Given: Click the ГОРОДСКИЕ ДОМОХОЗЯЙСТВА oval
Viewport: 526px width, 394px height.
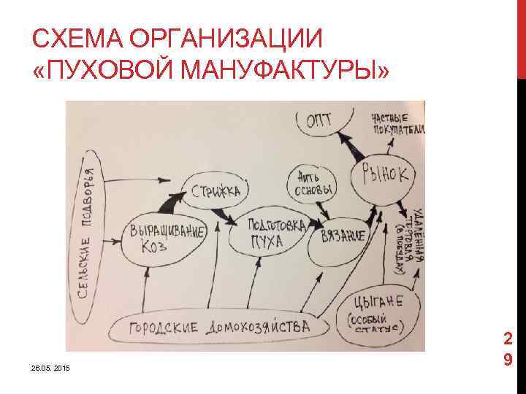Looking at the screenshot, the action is coord(220,326).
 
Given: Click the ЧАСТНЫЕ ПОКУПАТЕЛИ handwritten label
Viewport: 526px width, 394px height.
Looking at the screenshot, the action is coord(397,125).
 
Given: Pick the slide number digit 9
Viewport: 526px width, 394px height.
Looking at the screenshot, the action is coord(506,360).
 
